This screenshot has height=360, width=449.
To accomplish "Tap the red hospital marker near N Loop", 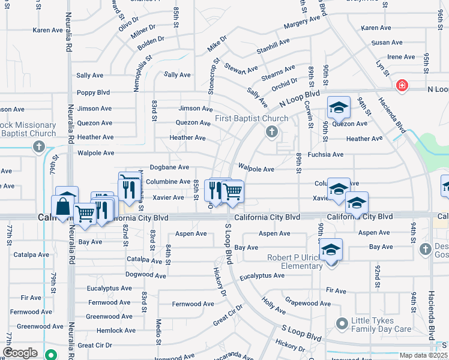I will coord(401,86).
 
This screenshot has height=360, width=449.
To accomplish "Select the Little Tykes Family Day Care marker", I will coord(342,325).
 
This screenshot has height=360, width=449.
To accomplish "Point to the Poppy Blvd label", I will coord(93,92).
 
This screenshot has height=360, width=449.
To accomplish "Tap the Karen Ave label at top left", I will coord(48,29).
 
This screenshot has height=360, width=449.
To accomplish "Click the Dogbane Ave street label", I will coord(169,167).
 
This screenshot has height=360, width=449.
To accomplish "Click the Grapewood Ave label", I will coord(308,303).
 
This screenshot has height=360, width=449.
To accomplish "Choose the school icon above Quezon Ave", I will coord(339,108).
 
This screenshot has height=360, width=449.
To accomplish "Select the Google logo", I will coord(20,353).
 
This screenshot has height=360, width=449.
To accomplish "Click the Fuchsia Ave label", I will coord(325,154).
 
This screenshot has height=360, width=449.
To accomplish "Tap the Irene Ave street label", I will coord(401,57).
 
